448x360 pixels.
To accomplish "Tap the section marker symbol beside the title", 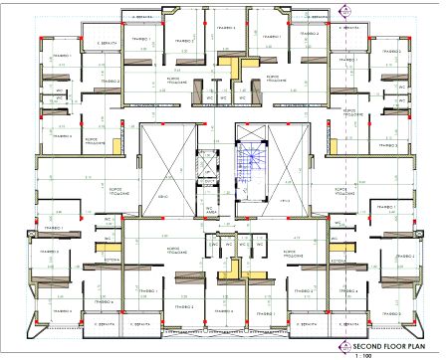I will click(x=344, y=346).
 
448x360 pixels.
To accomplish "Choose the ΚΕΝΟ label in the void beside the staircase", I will click(x=284, y=199).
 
